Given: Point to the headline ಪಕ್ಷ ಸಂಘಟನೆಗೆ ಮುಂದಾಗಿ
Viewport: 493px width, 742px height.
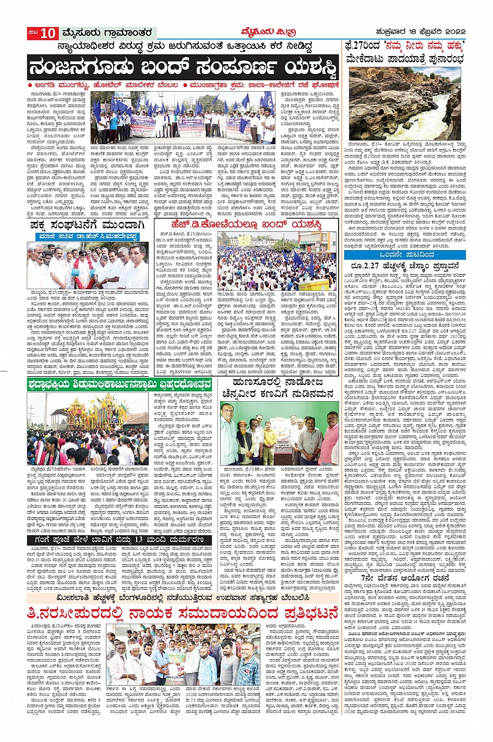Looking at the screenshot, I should pos(87,225).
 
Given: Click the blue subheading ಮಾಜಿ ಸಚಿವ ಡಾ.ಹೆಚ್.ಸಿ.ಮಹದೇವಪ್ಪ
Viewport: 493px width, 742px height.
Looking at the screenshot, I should pos(87,237).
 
